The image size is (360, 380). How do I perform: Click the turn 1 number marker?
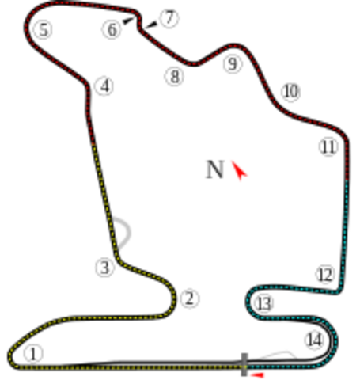[x=32, y=352]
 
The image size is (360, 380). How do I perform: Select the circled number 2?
[x=188, y=298]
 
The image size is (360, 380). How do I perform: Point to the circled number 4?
[x=104, y=85]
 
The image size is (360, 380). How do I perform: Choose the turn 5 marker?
[x=43, y=30]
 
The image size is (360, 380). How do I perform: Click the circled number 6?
[x=112, y=29]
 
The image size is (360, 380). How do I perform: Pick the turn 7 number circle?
[x=169, y=17]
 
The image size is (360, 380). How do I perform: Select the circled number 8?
[x=174, y=76]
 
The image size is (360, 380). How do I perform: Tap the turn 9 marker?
[x=231, y=63]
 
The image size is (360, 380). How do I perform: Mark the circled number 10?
[x=290, y=92]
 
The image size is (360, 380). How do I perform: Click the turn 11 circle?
[x=329, y=146]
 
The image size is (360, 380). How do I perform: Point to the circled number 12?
[x=325, y=275]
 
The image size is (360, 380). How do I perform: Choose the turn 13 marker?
[x=263, y=303]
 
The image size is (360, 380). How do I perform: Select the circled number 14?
[x=314, y=340]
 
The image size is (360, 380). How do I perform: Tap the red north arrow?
[x=238, y=169]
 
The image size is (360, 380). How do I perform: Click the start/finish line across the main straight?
[x=244, y=362]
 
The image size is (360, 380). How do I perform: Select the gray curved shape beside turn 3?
[x=123, y=229]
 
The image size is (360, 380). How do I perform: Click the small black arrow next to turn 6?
[x=127, y=20]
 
